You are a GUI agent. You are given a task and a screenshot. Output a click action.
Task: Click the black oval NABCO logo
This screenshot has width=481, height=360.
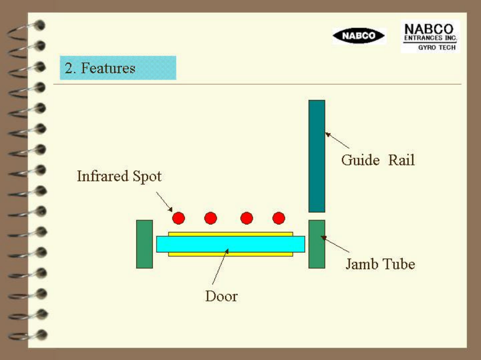click(359, 36)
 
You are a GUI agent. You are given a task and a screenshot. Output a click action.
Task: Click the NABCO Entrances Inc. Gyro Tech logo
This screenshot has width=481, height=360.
click(430, 37)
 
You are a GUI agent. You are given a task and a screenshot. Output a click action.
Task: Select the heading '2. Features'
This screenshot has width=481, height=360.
click(101, 68)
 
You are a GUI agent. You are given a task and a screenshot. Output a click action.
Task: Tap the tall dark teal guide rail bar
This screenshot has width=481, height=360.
click(317, 156)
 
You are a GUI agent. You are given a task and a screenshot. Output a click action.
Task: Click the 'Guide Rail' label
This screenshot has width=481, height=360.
click(378, 160)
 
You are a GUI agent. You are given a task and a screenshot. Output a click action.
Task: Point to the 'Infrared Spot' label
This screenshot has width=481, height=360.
click(119, 176)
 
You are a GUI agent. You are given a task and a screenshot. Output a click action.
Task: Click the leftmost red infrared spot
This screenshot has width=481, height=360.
click(179, 218)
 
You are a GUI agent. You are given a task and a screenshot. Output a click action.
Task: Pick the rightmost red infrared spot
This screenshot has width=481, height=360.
click(279, 218)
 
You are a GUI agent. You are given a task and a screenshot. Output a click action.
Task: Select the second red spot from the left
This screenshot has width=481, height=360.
click(211, 218)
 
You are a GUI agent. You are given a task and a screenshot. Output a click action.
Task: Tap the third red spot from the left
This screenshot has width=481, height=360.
click(247, 218)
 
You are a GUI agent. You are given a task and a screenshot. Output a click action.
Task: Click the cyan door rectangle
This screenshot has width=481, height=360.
click(230, 244)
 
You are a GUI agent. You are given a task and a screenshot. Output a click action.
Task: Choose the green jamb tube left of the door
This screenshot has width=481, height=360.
click(144, 244)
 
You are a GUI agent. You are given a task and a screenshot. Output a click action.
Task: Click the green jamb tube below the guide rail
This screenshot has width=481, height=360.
click(317, 244)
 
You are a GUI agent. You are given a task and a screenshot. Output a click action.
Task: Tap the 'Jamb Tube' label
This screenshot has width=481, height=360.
click(380, 264)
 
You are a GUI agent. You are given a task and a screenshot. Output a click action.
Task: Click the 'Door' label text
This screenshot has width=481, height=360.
click(221, 296)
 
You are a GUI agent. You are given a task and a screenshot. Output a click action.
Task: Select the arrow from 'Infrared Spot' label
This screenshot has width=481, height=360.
click(164, 201)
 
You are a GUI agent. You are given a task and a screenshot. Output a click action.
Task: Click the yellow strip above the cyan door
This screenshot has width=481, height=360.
click(230, 234)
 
